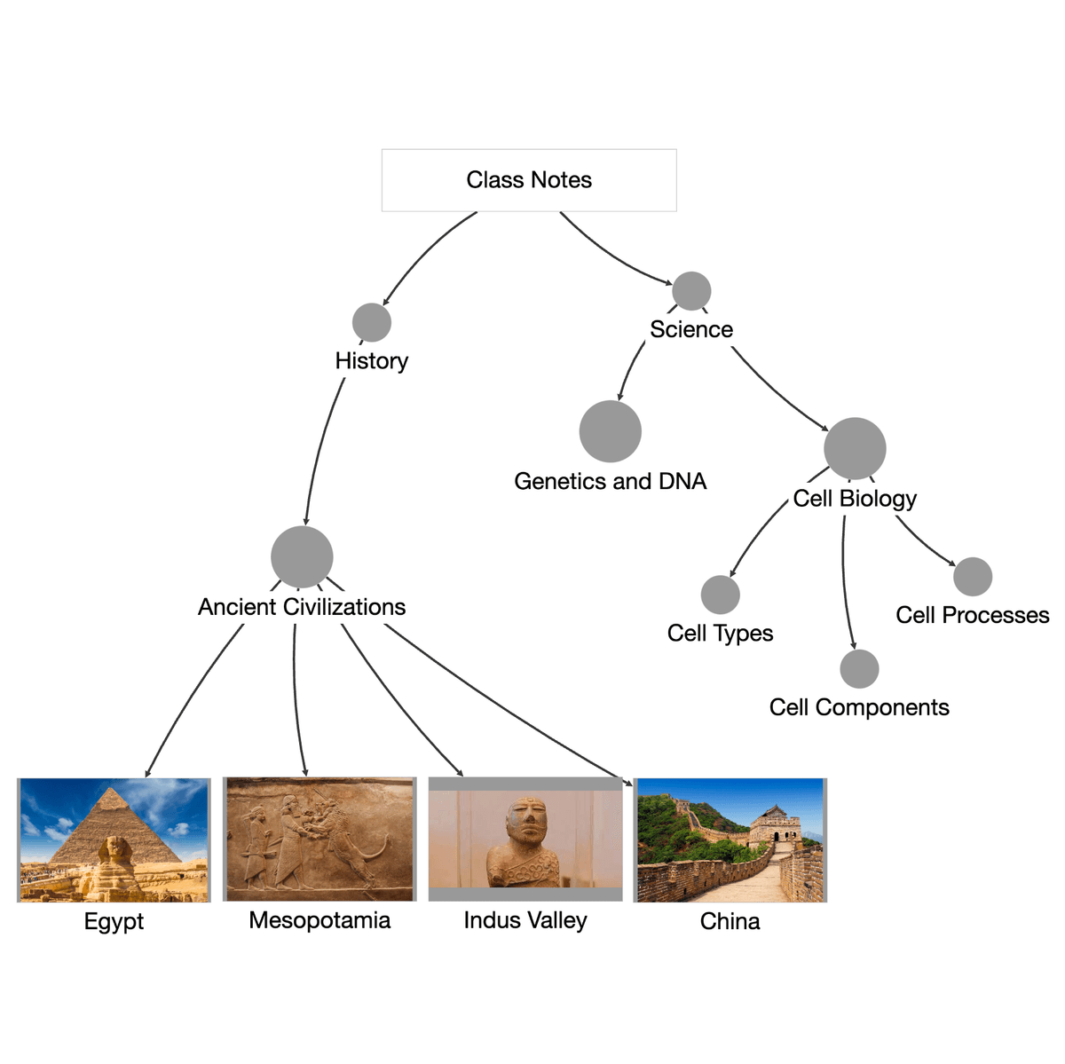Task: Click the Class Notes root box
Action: (x=529, y=180)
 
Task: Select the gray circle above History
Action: (x=372, y=322)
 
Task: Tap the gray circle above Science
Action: (x=691, y=291)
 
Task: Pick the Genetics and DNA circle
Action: (x=611, y=431)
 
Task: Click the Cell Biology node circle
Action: (x=855, y=448)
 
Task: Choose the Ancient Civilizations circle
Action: (x=302, y=557)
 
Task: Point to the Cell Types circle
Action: (x=720, y=595)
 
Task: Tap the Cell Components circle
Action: (x=859, y=669)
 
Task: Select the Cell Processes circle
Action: (x=973, y=577)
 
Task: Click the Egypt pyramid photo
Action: (x=114, y=839)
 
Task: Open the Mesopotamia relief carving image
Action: (x=319, y=839)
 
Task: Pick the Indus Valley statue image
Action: (x=525, y=839)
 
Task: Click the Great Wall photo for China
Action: (x=730, y=839)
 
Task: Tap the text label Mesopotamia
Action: (x=319, y=920)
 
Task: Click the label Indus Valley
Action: (x=525, y=920)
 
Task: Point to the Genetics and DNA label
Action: (x=611, y=482)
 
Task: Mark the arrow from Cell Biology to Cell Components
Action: (x=845, y=586)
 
